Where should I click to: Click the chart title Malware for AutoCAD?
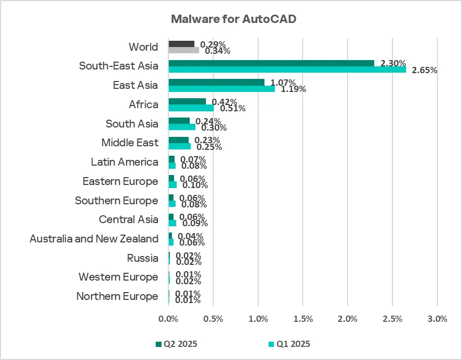[234, 19]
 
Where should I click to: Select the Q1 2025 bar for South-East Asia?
[287, 69]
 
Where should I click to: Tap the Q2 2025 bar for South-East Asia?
[271, 63]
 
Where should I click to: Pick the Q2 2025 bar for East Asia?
[216, 83]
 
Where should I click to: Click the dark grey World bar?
[181, 44]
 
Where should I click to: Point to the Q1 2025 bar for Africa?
[191, 108]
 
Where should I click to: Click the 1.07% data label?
[283, 83]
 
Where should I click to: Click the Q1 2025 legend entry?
[289, 344]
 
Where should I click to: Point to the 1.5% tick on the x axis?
[303, 319]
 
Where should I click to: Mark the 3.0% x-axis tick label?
[437, 319]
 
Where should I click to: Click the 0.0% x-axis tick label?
[168, 319]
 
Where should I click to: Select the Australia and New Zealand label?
[94, 239]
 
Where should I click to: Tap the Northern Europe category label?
[117, 296]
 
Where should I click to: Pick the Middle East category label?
[130, 143]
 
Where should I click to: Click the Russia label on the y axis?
[143, 258]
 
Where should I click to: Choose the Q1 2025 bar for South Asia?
[182, 127]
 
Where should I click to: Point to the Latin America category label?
[124, 162]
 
